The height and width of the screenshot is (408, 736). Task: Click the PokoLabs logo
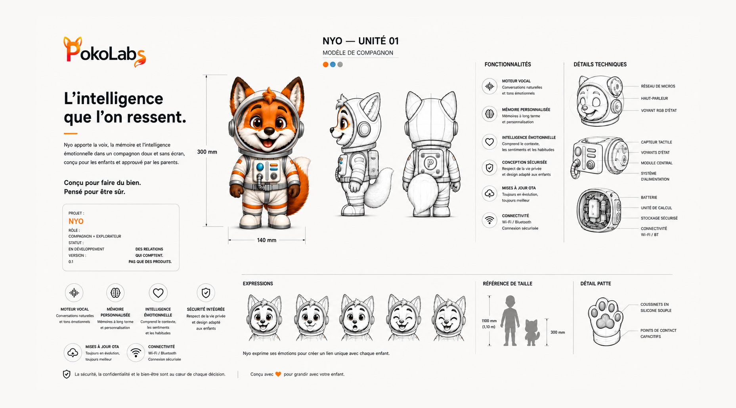coord(105,51)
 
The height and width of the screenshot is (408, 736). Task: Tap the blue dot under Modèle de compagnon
coord(333,65)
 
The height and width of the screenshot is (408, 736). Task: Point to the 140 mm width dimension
coord(267,240)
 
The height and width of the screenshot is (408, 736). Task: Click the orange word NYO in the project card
coord(76,221)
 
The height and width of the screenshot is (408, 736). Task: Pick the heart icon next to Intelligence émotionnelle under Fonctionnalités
coord(489,142)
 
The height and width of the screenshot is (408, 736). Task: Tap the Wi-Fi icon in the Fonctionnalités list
coord(489,220)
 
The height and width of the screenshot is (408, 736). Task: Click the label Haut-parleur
coord(654,98)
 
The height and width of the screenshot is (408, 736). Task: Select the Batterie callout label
coord(649,197)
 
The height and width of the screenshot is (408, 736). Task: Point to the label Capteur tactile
coord(656,142)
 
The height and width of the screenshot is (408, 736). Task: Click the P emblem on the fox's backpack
coord(430,163)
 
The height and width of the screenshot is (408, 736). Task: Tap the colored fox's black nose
coord(269,131)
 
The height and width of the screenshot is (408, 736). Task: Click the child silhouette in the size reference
coord(510,320)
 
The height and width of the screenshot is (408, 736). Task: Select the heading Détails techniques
coord(600,65)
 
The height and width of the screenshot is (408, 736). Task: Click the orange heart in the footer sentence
coord(278,374)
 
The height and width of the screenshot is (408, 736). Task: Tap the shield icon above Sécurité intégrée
coord(206,293)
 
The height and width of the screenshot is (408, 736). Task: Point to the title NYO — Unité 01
coord(361,41)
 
